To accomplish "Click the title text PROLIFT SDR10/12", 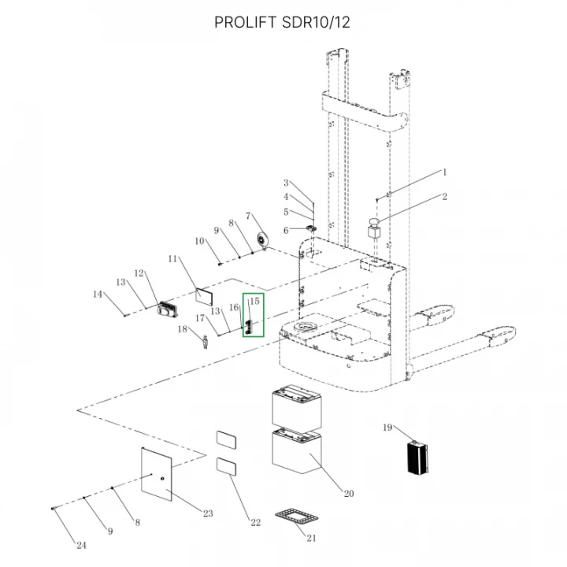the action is pyautogui.click(x=282, y=22).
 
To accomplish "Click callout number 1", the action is pyautogui.click(x=445, y=172).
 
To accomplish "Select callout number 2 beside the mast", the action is pyautogui.click(x=444, y=196).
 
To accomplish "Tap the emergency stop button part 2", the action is pyautogui.click(x=375, y=228).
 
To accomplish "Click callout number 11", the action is pyautogui.click(x=172, y=259).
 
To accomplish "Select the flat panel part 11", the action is pyautogui.click(x=204, y=297).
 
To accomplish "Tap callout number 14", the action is pyautogui.click(x=98, y=295).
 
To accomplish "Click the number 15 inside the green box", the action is pyautogui.click(x=254, y=301).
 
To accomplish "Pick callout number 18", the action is pyautogui.click(x=182, y=329).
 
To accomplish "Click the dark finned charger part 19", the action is pyautogui.click(x=417, y=457).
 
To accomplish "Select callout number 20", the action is pyautogui.click(x=349, y=494).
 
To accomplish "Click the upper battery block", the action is pyautogui.click(x=297, y=407).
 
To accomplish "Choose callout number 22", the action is pyautogui.click(x=256, y=523).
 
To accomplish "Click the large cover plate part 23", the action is pyautogui.click(x=156, y=474).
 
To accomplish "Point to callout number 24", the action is pyautogui.click(x=81, y=545).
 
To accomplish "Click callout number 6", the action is pyautogui.click(x=286, y=230).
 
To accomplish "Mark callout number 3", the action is pyautogui.click(x=286, y=183).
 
